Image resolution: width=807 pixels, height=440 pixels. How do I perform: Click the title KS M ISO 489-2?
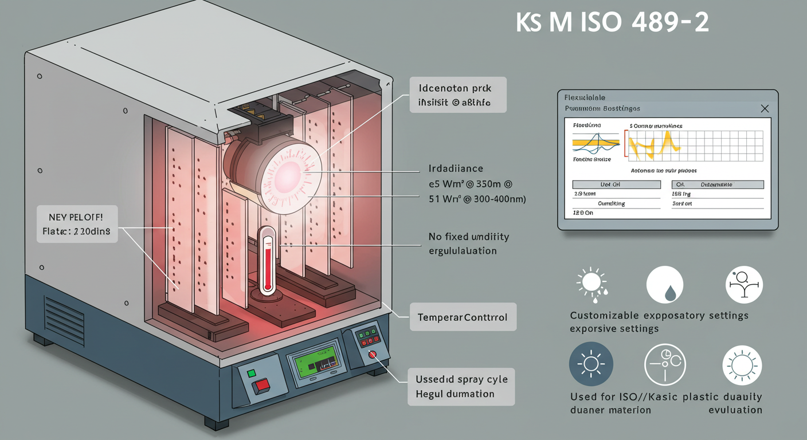click(x=612, y=23)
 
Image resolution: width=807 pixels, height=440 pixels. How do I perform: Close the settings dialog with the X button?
click(x=764, y=108)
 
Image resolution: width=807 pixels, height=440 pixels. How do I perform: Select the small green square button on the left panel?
click(x=252, y=374)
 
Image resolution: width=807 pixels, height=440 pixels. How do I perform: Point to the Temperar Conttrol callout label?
click(x=463, y=317)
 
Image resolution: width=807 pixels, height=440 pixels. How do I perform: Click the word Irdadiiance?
click(x=456, y=169)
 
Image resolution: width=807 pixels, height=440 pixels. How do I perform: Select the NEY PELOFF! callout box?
click(x=77, y=225)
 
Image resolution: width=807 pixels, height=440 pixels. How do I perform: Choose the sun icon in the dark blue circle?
click(x=591, y=364)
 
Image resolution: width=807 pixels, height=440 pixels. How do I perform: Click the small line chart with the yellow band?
click(x=596, y=141)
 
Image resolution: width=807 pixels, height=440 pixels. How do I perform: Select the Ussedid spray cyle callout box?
click(x=461, y=387)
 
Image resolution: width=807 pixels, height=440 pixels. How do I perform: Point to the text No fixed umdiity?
click(x=468, y=237)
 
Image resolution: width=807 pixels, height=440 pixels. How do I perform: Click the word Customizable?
click(x=604, y=316)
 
